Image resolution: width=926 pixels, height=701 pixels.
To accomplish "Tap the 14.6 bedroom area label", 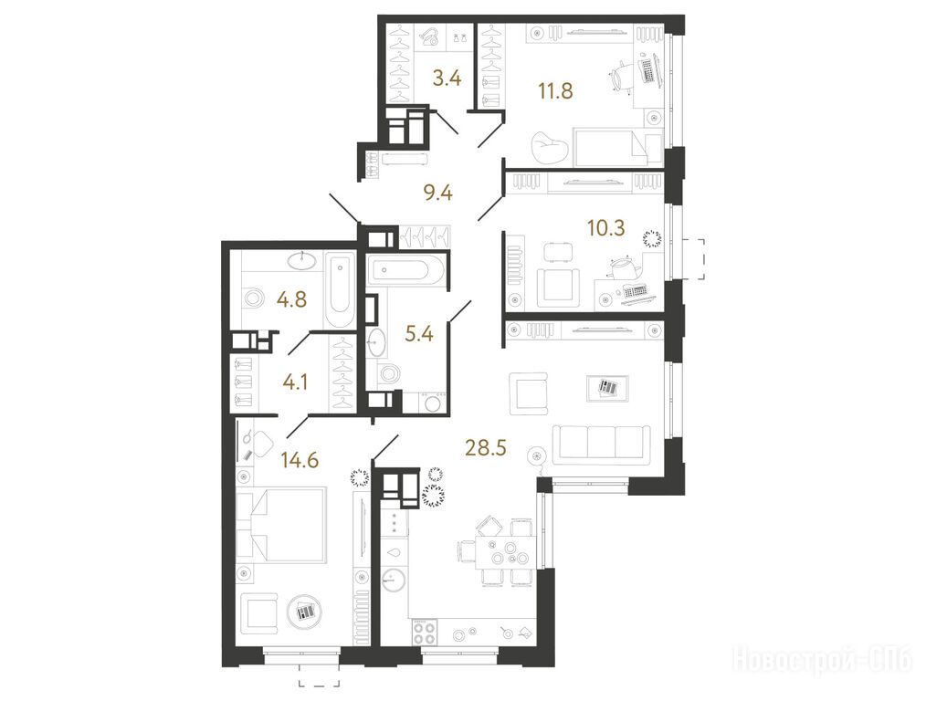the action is [300, 459].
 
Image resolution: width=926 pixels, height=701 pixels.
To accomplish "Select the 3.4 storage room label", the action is [447, 78].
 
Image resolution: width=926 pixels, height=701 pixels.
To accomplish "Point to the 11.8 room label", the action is [555, 91].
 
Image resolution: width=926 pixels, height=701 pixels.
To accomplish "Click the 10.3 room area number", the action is [605, 227].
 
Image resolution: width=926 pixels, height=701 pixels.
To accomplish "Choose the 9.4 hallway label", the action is [438, 193].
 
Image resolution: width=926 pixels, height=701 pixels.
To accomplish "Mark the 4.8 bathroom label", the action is [292, 299].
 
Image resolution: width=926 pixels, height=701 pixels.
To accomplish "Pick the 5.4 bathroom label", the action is [419, 335].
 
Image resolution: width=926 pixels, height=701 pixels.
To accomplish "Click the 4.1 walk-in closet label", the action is [295, 383].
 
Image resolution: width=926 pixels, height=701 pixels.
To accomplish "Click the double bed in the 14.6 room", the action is [281, 524].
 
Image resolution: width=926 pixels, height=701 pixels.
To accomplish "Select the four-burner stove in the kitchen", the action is [424, 633].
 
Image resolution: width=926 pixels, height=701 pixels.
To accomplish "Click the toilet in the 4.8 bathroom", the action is [253, 298].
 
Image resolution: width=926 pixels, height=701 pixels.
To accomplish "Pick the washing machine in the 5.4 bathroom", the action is [434, 403].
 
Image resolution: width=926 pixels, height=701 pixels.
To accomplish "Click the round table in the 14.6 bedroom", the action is [304, 612].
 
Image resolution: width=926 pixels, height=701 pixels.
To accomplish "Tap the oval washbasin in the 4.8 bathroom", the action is [303, 260].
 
